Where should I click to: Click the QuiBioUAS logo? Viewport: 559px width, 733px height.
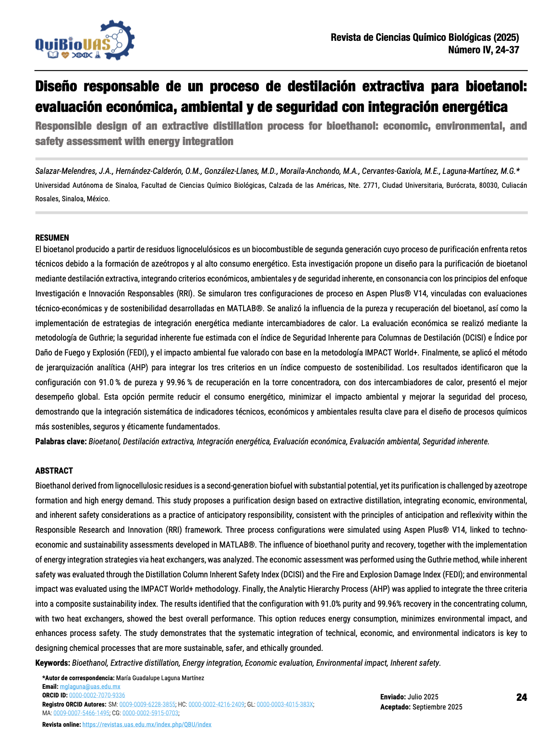[x=85, y=41]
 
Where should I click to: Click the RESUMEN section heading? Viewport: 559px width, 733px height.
[x=52, y=238]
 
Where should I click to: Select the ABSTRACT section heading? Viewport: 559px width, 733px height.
[x=54, y=471]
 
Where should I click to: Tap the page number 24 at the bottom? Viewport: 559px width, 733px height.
[x=521, y=697]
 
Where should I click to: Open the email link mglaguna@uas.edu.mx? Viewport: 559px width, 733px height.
[x=90, y=687]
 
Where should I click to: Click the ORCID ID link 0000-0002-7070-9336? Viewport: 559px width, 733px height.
[x=97, y=695]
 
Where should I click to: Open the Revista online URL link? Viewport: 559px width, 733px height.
[x=146, y=724]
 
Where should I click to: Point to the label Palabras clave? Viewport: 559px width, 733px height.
[x=61, y=441]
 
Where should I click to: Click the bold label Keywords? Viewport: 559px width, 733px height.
[x=53, y=663]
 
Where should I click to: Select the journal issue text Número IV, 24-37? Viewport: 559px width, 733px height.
[x=483, y=50]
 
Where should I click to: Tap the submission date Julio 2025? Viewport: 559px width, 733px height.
[x=423, y=697]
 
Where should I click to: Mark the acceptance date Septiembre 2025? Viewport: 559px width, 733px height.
[x=437, y=707]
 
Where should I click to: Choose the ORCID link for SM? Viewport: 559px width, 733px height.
[x=147, y=704]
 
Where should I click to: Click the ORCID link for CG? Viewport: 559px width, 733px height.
[x=150, y=713]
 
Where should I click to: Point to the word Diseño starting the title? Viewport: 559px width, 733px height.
[x=56, y=86]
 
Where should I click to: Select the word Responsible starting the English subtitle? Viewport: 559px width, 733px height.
[x=63, y=126]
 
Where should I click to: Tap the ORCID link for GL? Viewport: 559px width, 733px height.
[x=285, y=704]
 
